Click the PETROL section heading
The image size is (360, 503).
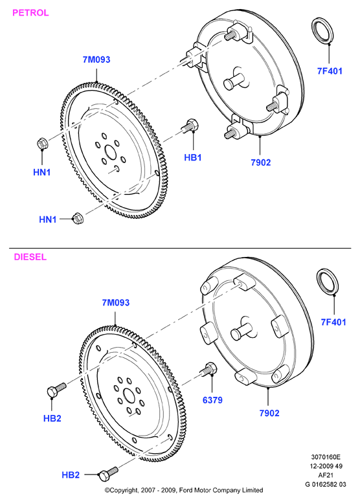(x=30, y=13)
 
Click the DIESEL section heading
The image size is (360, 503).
(x=30, y=257)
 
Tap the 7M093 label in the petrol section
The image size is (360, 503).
(x=96, y=60)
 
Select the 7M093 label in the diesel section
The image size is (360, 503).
(x=115, y=302)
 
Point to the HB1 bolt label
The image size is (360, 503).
(x=192, y=157)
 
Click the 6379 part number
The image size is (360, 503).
(x=212, y=400)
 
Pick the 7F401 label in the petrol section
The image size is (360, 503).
(x=330, y=71)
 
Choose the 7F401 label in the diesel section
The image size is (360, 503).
(x=333, y=322)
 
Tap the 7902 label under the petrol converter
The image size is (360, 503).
(x=260, y=162)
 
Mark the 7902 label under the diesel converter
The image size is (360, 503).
(x=269, y=413)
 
